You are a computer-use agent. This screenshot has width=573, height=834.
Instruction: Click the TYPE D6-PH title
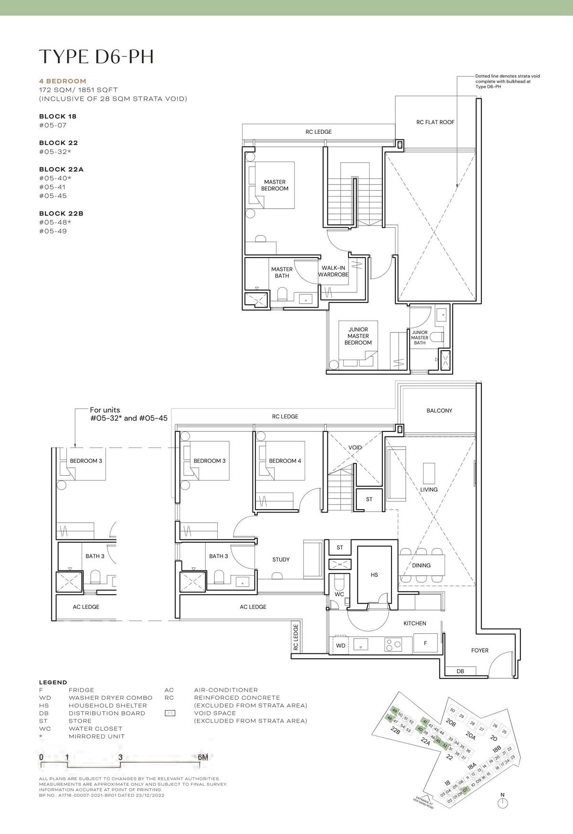tap(96, 57)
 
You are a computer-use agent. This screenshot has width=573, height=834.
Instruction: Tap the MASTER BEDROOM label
tap(275, 185)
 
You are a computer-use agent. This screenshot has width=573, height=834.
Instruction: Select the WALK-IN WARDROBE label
tap(333, 271)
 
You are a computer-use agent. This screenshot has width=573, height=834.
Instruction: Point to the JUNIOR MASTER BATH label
tap(420, 338)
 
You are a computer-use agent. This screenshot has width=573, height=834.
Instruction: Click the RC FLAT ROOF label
tap(435, 122)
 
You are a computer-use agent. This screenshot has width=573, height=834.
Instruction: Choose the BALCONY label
tap(439, 411)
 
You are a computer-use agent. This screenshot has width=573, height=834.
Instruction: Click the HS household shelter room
tap(374, 575)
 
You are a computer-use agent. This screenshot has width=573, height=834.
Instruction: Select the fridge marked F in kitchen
tap(425, 643)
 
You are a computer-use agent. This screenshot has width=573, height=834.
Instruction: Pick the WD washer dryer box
tap(340, 645)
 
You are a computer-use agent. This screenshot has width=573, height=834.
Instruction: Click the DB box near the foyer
tap(460, 671)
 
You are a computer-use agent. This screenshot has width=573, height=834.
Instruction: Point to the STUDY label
tap(281, 559)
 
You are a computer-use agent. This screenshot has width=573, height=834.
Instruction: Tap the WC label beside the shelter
tap(339, 595)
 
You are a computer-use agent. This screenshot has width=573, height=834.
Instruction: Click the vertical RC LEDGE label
tap(296, 637)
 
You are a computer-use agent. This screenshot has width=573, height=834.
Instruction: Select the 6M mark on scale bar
tap(202, 757)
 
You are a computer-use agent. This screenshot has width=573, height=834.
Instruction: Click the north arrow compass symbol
tap(502, 803)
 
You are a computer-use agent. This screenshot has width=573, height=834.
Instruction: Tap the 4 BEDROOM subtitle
tap(63, 81)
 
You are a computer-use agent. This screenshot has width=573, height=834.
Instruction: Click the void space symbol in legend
tap(170, 713)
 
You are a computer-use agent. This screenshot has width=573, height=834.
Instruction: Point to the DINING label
tap(421, 566)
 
